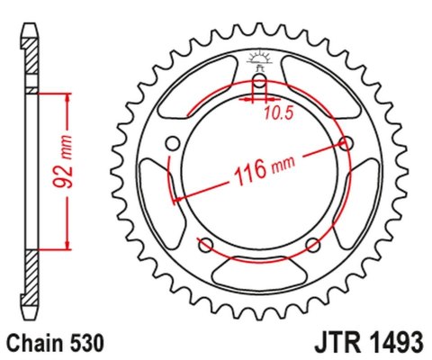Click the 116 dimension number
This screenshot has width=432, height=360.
coord(253,170)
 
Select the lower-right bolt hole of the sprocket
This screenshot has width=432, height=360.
coord(312,245)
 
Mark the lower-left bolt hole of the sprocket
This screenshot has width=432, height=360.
coord(206,245)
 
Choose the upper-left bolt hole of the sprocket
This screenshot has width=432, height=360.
coord(173,144)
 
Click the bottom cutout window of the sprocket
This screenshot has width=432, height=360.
coord(259,271)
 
